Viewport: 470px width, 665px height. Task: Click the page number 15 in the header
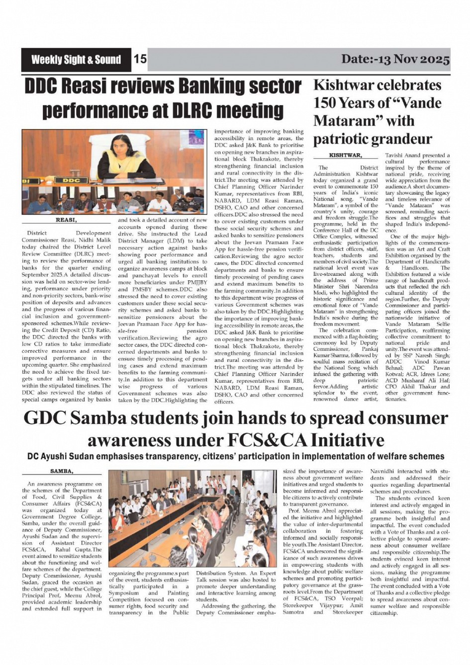point(140,60)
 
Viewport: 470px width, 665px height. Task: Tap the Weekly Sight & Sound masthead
point(76,60)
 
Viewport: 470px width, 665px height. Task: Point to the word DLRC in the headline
point(194,110)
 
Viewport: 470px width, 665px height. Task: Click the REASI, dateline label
point(66,219)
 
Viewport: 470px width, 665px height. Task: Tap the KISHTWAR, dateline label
point(345,156)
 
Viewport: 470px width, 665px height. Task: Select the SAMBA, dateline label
point(62,471)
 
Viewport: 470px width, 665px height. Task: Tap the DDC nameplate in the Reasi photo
point(71,180)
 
